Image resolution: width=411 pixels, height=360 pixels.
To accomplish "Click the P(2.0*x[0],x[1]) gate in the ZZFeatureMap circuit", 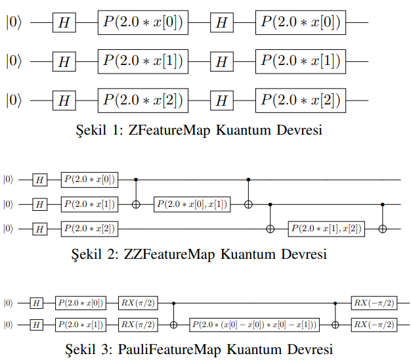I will [192, 204].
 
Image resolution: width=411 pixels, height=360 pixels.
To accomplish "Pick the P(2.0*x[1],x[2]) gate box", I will [326, 229].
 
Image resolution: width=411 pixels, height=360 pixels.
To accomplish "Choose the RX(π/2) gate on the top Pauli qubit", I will [138, 303].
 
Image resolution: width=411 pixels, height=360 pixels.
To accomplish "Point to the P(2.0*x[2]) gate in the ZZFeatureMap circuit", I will [89, 229].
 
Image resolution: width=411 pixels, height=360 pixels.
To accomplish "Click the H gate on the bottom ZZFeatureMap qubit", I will [40, 229].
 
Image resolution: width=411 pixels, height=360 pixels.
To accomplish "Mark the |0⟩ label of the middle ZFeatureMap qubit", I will [14, 62].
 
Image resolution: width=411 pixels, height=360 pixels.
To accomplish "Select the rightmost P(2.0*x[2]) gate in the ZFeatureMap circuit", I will [301, 101].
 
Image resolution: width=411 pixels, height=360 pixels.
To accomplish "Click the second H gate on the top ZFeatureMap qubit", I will [222, 23].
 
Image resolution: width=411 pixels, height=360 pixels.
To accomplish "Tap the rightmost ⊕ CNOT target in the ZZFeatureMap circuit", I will [383, 229].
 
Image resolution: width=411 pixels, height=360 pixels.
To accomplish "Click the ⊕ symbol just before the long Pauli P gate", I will [173, 325].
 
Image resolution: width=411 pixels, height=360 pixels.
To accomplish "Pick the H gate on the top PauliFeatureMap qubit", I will [36, 303].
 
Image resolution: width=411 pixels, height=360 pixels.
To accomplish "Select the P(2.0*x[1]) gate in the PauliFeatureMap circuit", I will [81, 325].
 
